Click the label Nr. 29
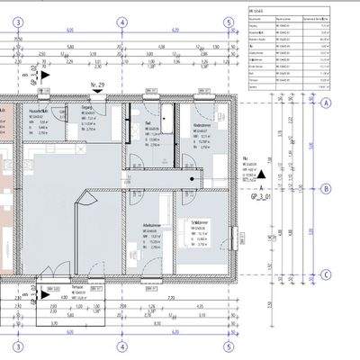(x=99, y=85)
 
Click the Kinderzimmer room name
(x=202, y=125)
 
